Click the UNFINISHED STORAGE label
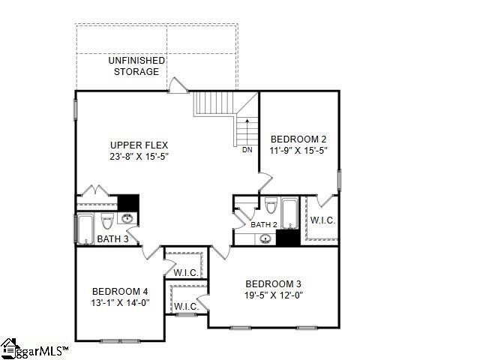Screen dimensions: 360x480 (136, 66)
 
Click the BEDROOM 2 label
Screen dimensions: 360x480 (298, 139)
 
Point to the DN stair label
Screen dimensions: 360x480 (247, 150)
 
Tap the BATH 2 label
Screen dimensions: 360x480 (264, 224)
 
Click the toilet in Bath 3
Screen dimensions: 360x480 (107, 221)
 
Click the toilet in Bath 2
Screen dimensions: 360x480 (270, 206)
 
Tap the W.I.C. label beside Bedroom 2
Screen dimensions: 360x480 (322, 220)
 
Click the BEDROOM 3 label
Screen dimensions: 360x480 (274, 283)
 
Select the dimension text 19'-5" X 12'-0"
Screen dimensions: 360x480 (274, 295)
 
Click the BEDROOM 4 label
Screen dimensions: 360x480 (120, 291)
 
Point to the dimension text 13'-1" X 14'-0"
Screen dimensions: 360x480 (120, 303)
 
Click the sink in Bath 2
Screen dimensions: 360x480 (265, 239)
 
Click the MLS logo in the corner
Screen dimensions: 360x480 (34, 349)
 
